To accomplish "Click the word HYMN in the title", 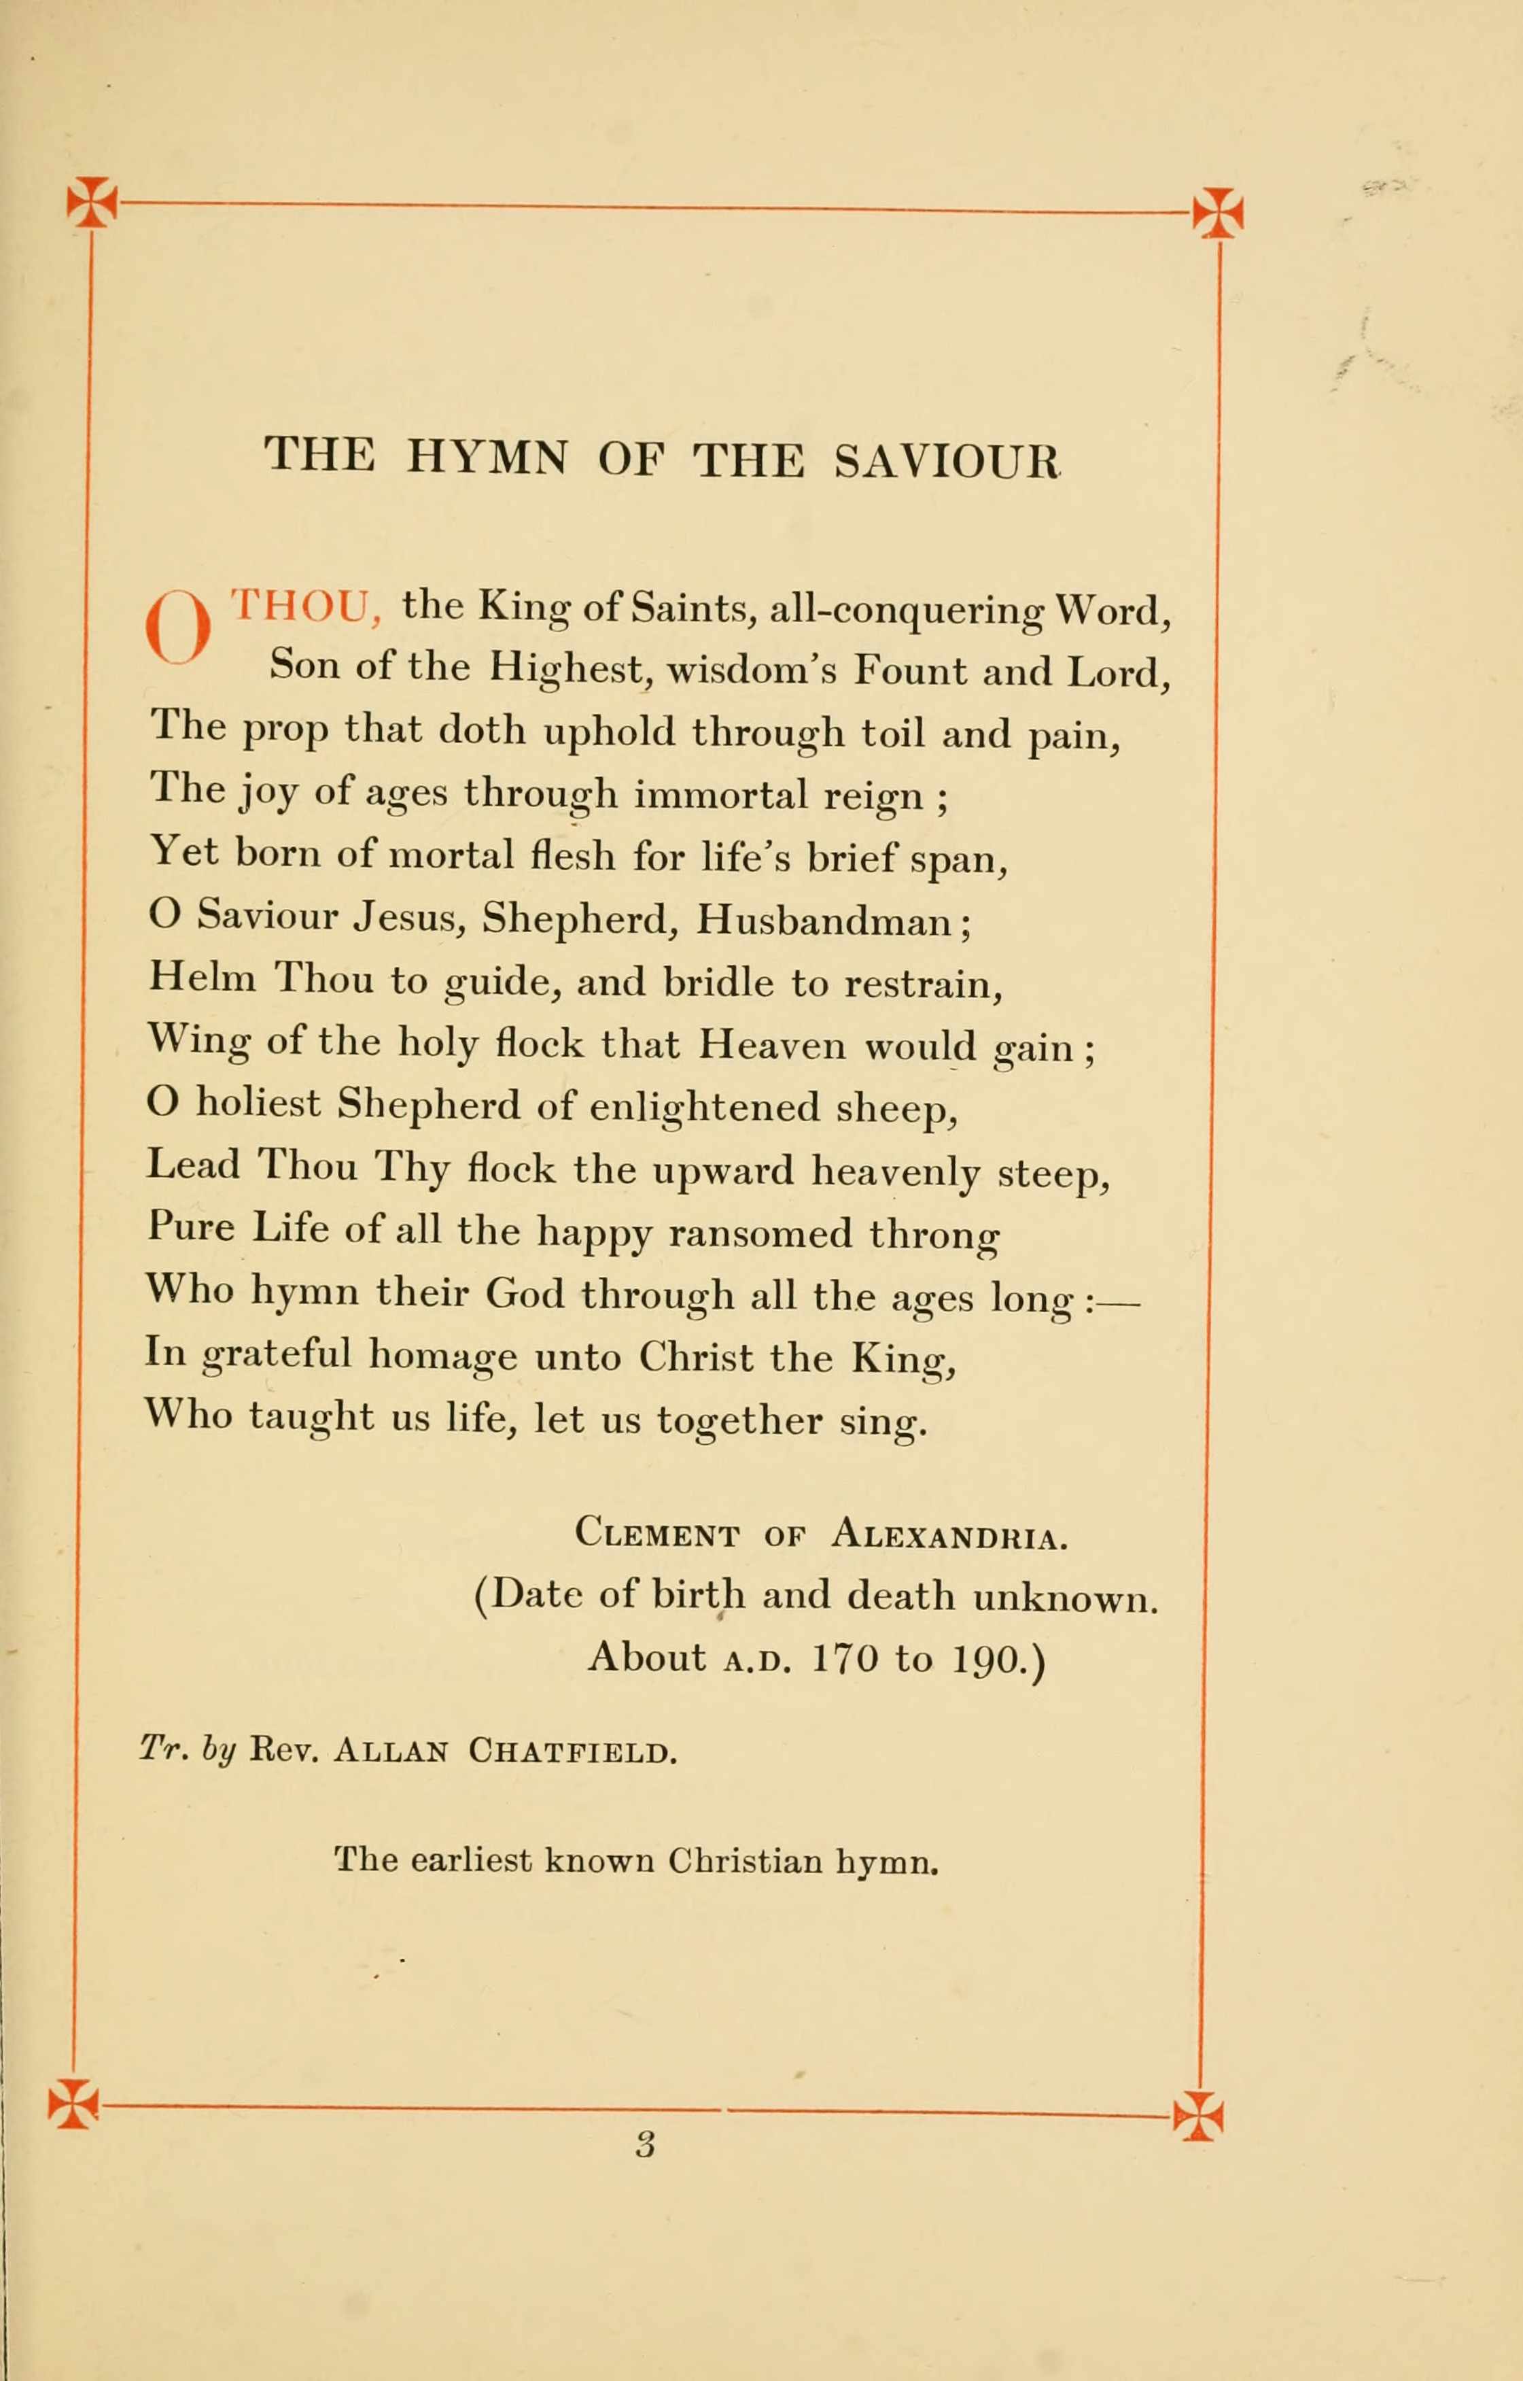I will click(487, 458).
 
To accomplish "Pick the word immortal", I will click(721, 794).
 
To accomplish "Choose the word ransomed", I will click(758, 1233).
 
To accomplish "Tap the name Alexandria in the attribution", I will click(949, 1535).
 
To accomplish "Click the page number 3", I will click(645, 2144).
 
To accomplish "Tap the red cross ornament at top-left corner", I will click(91, 202).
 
